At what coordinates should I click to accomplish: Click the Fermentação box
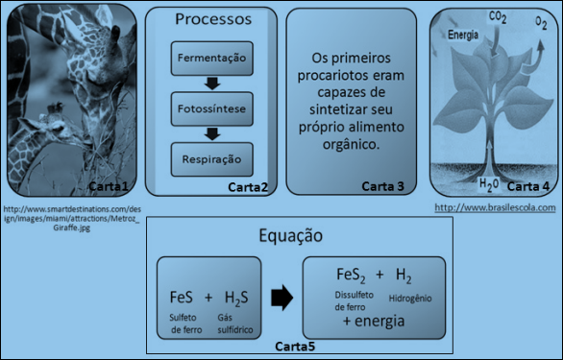pos(211,59)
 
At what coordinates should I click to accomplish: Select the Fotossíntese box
pos(211,108)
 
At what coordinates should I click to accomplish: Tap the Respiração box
pos(211,159)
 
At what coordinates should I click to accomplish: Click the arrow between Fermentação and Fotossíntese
pos(212,84)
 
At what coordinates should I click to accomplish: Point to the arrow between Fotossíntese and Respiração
pos(212,133)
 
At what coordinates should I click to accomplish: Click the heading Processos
pos(213,19)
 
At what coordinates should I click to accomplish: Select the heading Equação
pos(291,236)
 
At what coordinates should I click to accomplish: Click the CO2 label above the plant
pos(498,17)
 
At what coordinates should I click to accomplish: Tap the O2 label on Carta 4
pos(541,23)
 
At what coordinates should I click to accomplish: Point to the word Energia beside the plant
pos(463,35)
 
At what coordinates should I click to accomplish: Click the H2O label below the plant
pos(489,184)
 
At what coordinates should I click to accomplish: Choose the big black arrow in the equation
pos(281,298)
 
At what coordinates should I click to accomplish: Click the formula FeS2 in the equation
pos(351,276)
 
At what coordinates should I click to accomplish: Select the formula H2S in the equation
pos(236,299)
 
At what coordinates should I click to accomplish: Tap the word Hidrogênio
pos(410,299)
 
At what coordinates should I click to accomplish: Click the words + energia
pos(374,321)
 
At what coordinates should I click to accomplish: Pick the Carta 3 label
pos(382,186)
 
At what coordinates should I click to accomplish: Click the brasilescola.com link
pos(495,207)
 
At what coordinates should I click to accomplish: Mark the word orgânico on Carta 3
pos(351,145)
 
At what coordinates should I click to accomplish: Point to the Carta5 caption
pos(295,347)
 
